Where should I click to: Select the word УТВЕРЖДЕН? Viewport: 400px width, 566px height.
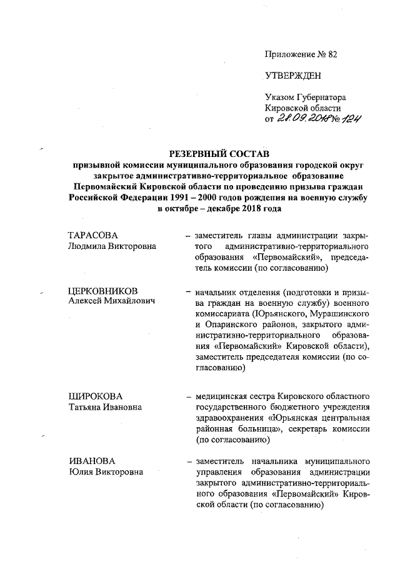click(x=293, y=76)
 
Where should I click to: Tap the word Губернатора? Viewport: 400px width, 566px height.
click(x=319, y=97)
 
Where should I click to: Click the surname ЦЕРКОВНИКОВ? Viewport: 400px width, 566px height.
click(x=102, y=291)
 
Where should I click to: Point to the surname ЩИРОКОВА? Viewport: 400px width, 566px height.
click(x=95, y=397)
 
